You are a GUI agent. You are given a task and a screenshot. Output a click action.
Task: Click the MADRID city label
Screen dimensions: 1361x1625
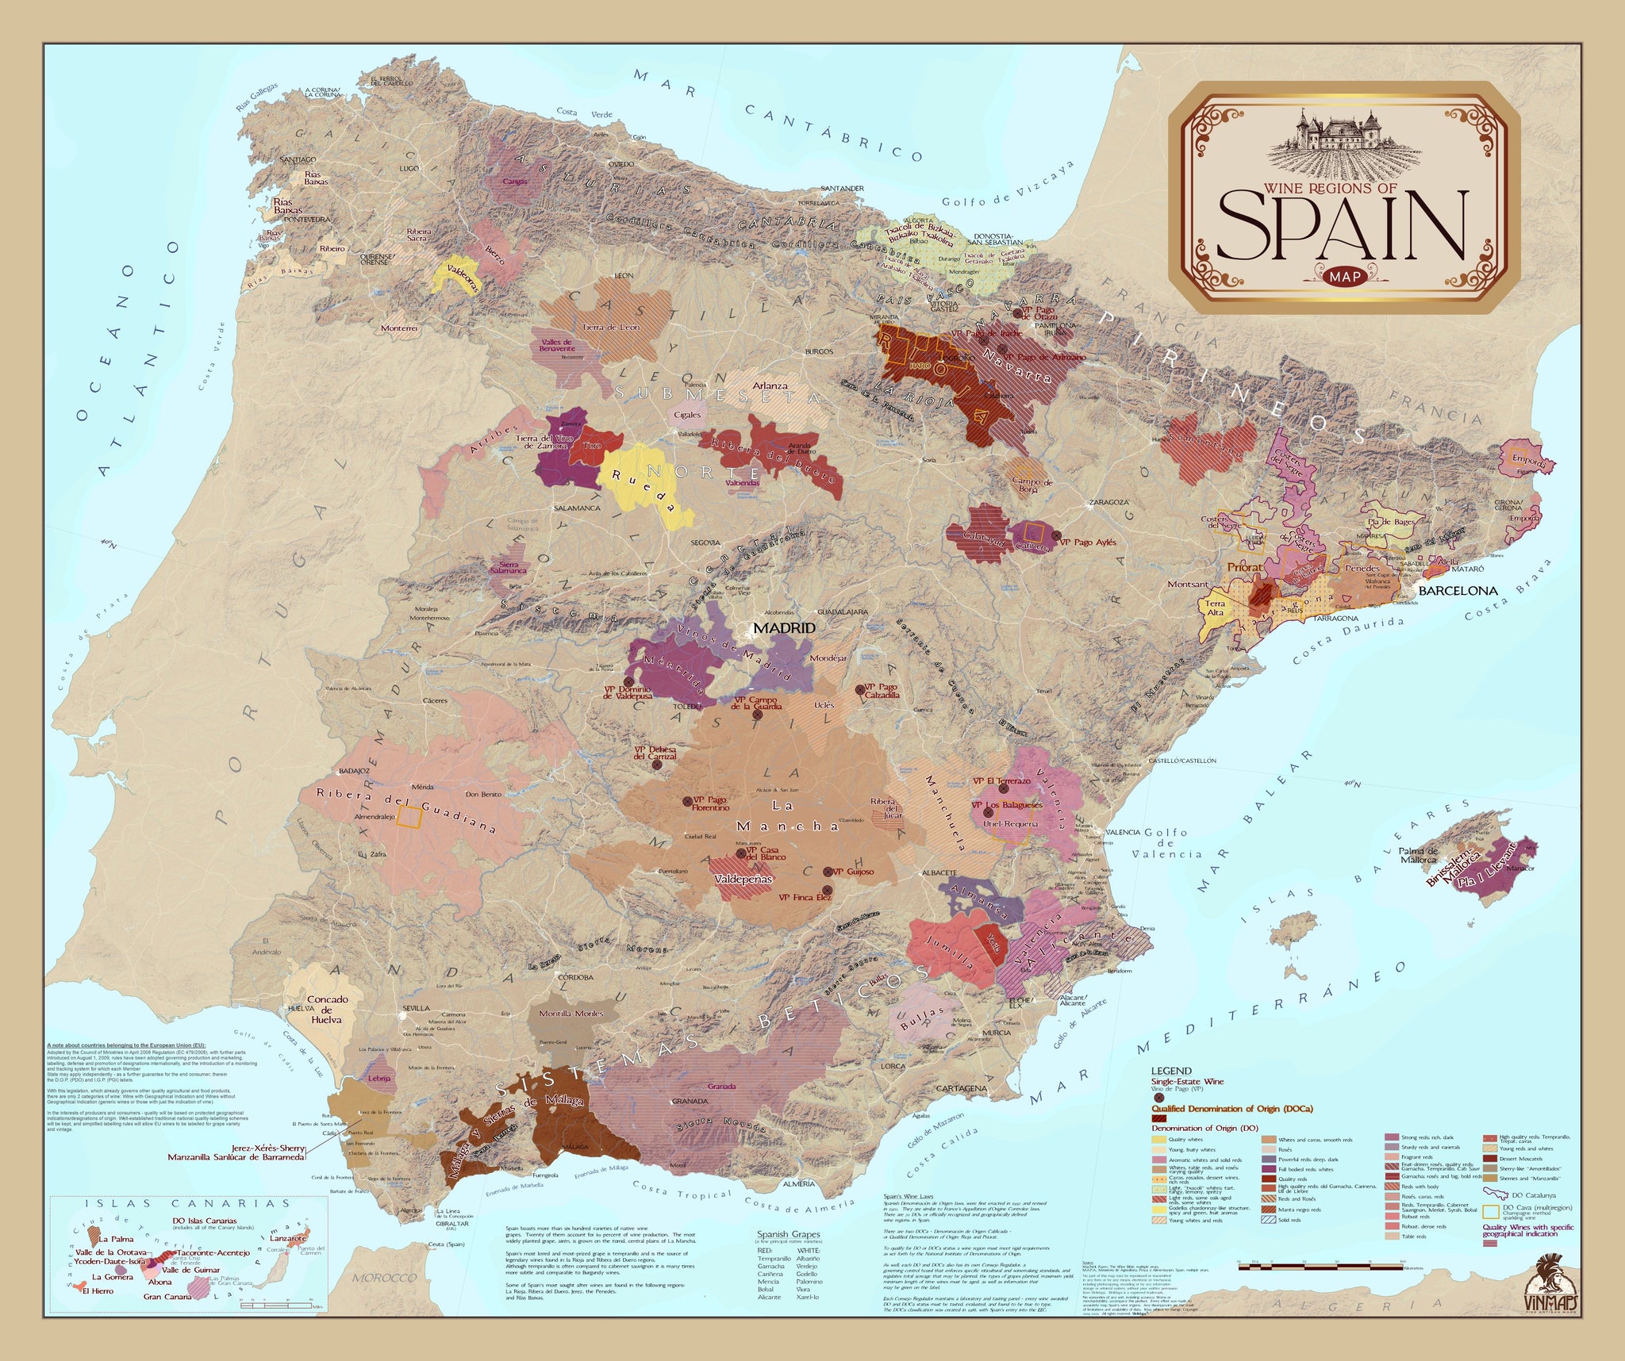click(784, 627)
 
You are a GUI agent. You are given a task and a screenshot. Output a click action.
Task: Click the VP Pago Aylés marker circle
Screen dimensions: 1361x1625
click(1056, 536)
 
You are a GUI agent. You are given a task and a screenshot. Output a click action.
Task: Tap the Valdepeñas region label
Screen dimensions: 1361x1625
click(743, 880)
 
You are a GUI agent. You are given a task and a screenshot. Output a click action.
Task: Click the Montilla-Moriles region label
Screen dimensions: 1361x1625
click(570, 1014)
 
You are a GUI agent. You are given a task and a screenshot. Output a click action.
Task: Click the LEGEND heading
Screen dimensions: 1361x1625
click(1171, 1071)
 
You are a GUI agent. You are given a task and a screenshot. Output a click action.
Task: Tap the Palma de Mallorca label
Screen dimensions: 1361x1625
click(1418, 855)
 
